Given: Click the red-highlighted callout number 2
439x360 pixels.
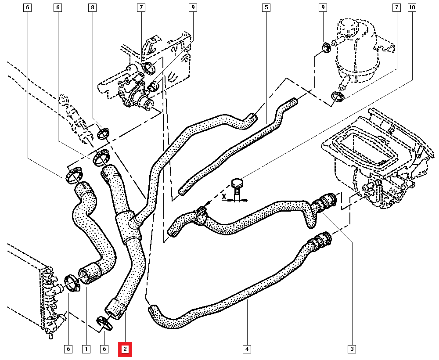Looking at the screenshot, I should pyautogui.click(x=125, y=349).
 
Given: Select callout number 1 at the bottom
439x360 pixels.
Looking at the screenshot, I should pyautogui.click(x=86, y=349).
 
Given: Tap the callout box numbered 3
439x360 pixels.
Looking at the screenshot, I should pyautogui.click(x=352, y=349).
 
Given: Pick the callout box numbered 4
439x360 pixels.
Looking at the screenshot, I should pyautogui.click(x=247, y=349).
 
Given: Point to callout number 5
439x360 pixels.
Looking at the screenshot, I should pyautogui.click(x=266, y=7).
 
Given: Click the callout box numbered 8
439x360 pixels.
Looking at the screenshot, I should pyautogui.click(x=92, y=7).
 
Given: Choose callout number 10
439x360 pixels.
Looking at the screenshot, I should pyautogui.click(x=412, y=7).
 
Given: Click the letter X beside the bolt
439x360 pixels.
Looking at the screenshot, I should pyautogui.click(x=224, y=197).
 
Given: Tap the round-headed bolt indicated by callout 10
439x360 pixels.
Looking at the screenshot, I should pyautogui.click(x=237, y=182).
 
